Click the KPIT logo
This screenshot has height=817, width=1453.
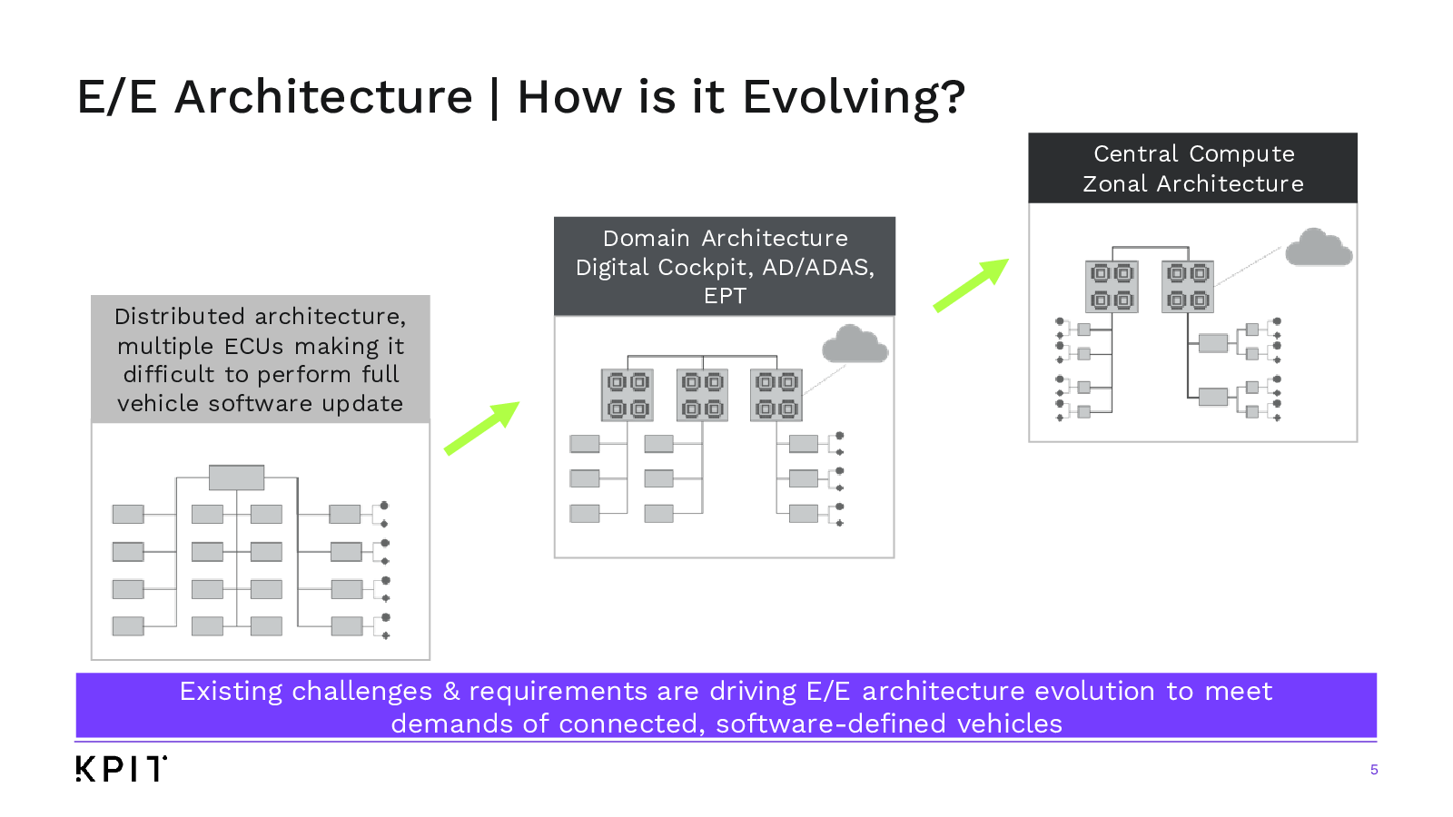[122, 768]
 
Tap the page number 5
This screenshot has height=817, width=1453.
[1374, 770]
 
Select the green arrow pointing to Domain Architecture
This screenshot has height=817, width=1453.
[482, 428]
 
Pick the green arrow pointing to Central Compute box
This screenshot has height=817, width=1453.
[971, 285]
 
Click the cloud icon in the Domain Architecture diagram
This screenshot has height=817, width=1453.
[855, 344]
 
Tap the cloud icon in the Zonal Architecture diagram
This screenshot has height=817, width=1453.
[1319, 247]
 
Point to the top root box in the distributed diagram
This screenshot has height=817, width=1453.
[237, 477]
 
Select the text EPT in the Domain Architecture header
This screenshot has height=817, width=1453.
[726, 296]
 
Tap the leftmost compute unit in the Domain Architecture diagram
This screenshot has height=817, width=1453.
[628, 395]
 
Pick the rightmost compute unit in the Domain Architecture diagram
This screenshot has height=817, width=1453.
[776, 395]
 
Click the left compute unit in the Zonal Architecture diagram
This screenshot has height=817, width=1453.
[1112, 287]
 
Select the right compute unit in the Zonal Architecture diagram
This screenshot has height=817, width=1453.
[1188, 287]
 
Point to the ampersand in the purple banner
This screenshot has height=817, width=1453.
[450, 691]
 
